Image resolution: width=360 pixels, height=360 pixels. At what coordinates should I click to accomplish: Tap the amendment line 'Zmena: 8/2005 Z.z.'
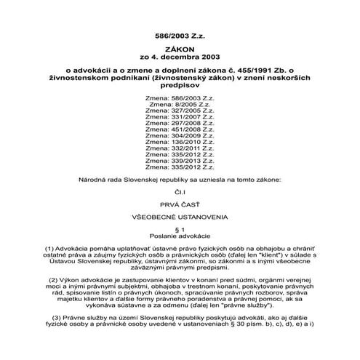(x=180, y=105)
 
